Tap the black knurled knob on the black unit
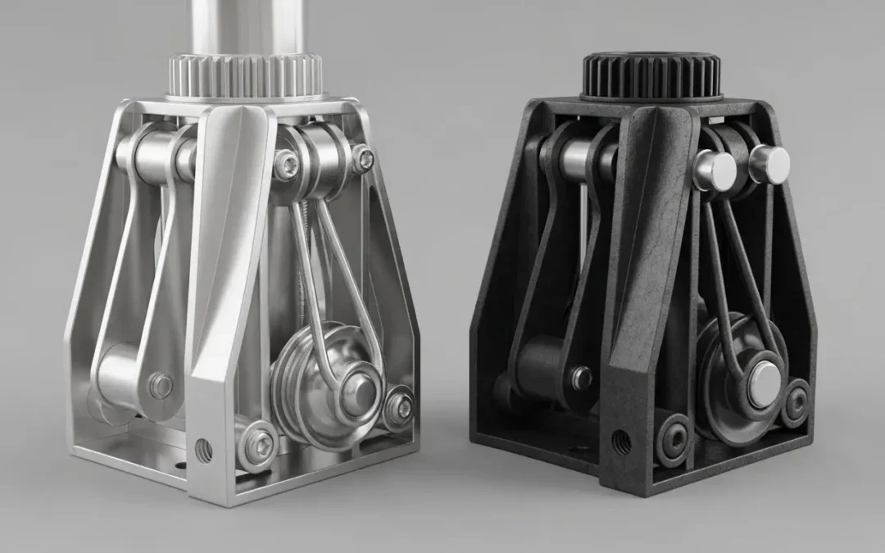click(x=651, y=75)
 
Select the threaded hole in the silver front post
click(x=203, y=449)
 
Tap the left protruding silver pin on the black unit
click(x=715, y=170)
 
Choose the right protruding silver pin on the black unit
click(x=769, y=164)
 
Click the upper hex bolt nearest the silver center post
click(x=286, y=165)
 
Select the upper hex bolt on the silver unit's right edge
click(x=362, y=159)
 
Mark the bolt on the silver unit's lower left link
click(x=161, y=385)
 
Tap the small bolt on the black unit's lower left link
click(x=581, y=377)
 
